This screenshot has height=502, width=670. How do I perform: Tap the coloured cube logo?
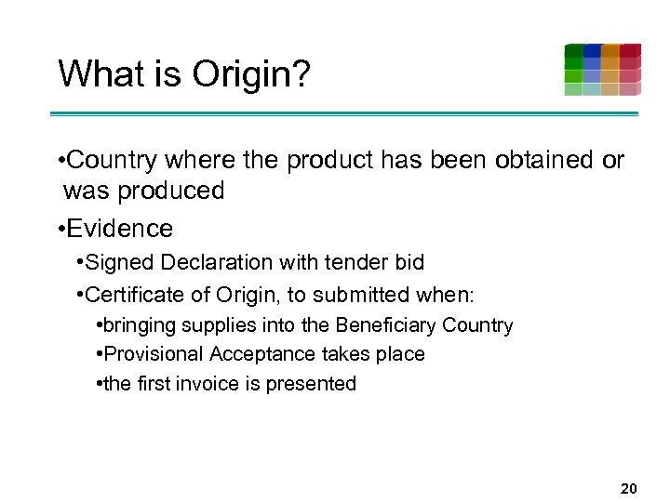point(602,70)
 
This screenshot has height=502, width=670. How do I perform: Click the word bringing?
point(141,326)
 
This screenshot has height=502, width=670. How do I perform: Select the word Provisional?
point(154,354)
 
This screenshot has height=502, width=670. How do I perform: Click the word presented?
point(311,383)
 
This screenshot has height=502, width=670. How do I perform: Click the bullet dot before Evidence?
point(60,230)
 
